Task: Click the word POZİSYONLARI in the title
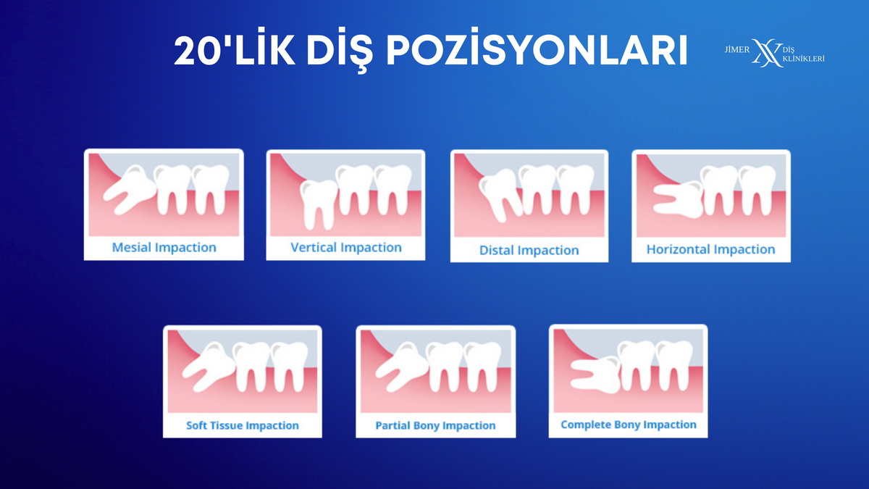pos(537,51)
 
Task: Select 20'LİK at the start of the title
pos(235,51)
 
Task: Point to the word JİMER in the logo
pos(737,49)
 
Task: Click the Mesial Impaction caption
pos(164,248)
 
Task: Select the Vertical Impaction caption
pos(346,248)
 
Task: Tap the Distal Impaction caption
pos(529,251)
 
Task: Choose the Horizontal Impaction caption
pos(710,249)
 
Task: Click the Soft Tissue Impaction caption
pos(243,425)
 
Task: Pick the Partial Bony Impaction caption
pos(435,425)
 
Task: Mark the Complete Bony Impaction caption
pos(629,425)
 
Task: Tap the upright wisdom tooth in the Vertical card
pos(319,204)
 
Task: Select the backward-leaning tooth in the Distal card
pos(500,194)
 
